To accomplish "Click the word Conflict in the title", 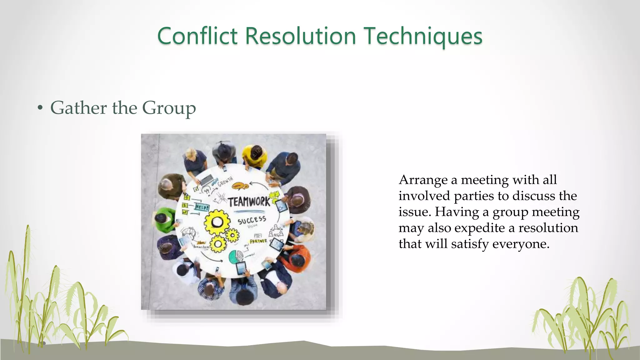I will coord(197,36).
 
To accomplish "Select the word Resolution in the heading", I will coord(300,36).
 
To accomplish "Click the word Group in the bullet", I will coord(169,108).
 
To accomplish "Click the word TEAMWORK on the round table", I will coord(249,202).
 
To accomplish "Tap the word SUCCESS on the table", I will coord(252,220).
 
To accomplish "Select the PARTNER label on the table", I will coord(258,241).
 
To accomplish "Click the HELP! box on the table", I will coord(202,207).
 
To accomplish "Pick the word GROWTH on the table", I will coord(225,181).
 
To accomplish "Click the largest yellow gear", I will coord(216,222).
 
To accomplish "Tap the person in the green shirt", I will coord(163,219).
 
